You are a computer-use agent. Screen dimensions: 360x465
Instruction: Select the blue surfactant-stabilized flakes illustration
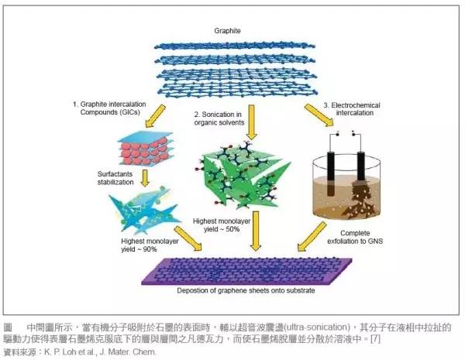(x=139, y=212)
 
